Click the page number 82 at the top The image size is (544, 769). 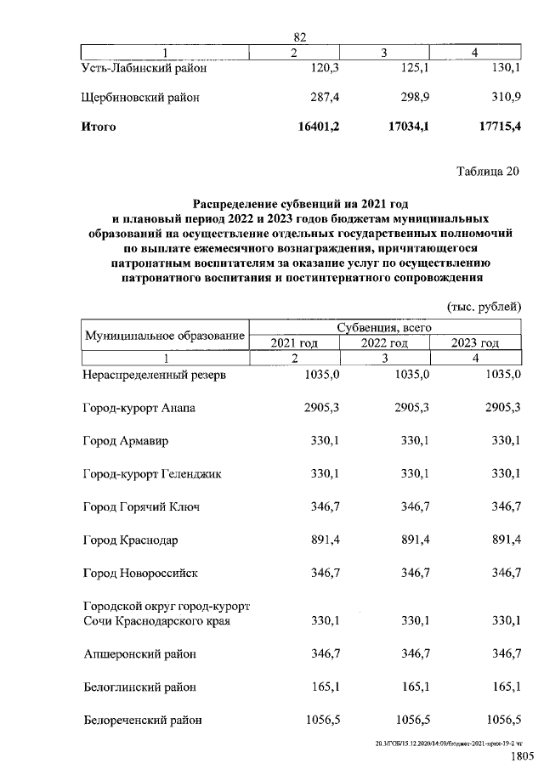point(299,37)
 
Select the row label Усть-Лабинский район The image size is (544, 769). point(144,68)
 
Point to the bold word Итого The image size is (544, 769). point(99,127)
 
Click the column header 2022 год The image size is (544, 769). point(385,342)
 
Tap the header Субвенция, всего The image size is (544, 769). point(385,326)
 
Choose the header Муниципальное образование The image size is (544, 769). point(163,335)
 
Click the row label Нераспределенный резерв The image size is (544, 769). point(155,374)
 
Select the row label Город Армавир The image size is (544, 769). point(126,442)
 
